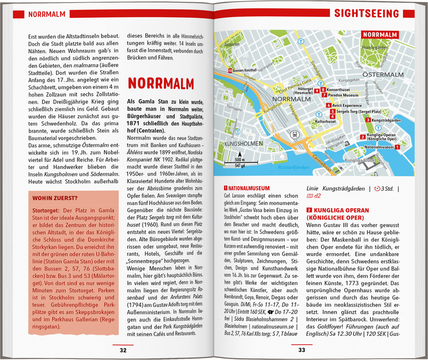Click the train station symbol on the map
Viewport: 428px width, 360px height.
click(x=294, y=135)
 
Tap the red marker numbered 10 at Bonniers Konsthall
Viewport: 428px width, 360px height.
click(x=230, y=70)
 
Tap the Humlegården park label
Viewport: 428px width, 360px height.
click(x=375, y=48)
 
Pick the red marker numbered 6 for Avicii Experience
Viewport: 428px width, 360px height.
click(x=329, y=105)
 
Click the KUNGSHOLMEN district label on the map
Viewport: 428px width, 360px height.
click(x=244, y=143)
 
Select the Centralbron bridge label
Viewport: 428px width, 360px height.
click(x=323, y=164)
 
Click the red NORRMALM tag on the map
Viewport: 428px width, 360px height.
click(x=381, y=35)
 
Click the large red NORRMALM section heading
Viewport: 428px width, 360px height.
click(x=161, y=83)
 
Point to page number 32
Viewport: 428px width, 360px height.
click(x=123, y=350)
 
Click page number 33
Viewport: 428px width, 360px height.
click(x=302, y=350)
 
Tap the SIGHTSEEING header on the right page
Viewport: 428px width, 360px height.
click(x=366, y=14)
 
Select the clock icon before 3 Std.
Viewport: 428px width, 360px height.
click(x=376, y=189)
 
